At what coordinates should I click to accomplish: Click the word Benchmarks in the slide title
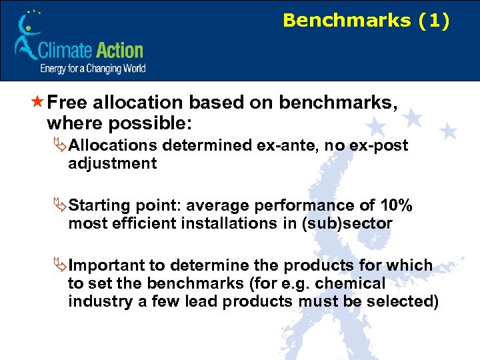point(347,21)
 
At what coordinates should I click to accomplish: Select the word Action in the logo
point(120,51)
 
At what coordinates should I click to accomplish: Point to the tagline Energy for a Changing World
point(93,68)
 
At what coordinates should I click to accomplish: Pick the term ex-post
point(378,145)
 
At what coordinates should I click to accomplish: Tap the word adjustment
point(112,163)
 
